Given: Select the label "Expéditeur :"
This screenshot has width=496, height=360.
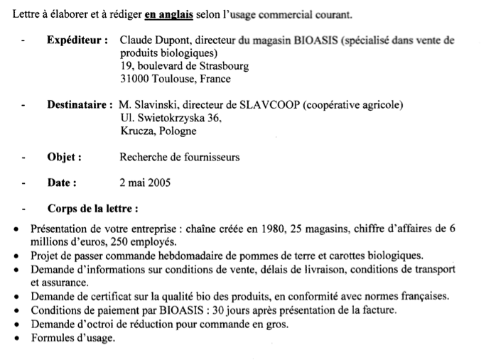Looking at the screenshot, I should point(77,41).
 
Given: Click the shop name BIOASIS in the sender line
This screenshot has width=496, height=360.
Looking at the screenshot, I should point(314,41).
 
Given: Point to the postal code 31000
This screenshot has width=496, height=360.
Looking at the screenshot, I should point(135,79).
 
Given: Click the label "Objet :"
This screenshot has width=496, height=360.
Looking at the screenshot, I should point(64,157).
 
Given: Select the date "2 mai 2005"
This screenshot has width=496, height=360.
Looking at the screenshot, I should point(145,182).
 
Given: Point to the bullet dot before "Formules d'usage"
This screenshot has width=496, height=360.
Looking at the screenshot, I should point(16,338).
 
